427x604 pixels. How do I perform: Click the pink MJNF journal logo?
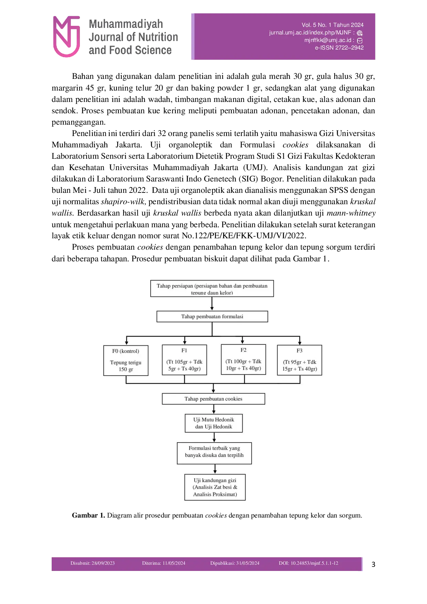(x=66, y=36)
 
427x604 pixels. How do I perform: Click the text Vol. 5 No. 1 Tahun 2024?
(x=332, y=25)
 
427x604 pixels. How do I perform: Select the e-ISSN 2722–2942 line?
(x=339, y=48)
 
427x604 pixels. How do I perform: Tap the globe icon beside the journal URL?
(x=360, y=33)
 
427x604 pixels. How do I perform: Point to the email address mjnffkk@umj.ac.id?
(x=327, y=40)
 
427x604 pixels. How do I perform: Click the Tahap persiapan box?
(x=212, y=289)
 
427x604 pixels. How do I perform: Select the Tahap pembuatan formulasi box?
(x=212, y=316)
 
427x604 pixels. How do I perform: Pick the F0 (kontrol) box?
(x=126, y=360)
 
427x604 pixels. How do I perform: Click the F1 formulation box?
(x=184, y=360)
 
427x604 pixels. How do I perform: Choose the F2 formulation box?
(x=243, y=359)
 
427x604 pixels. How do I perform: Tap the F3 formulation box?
(x=299, y=360)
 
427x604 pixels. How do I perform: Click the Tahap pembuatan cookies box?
(x=213, y=399)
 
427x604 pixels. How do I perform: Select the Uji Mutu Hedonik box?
(x=213, y=423)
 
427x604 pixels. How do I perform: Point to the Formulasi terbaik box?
(x=214, y=453)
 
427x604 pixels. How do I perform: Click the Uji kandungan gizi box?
(x=215, y=487)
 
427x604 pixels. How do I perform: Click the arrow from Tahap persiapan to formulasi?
(x=212, y=304)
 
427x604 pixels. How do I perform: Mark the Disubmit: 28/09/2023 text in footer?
(x=92, y=563)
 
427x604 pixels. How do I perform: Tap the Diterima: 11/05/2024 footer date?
(x=164, y=563)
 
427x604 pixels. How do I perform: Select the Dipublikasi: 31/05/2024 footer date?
(x=235, y=563)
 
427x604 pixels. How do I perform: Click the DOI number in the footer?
(x=308, y=563)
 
